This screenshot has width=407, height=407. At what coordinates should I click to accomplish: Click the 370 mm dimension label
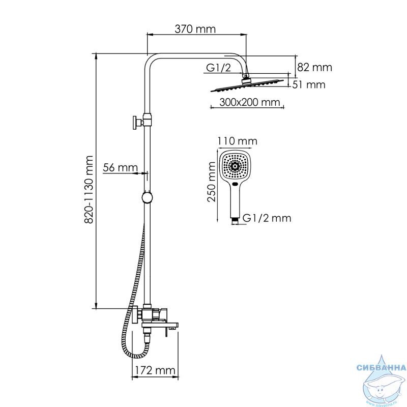click(195, 29)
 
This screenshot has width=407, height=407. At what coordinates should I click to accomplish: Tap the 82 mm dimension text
click(314, 68)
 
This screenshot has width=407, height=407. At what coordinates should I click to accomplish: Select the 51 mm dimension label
click(309, 84)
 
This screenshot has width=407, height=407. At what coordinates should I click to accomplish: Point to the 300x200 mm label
click(250, 102)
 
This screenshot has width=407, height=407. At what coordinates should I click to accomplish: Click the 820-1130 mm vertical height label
click(89, 189)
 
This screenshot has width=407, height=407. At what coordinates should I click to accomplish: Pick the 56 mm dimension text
click(120, 167)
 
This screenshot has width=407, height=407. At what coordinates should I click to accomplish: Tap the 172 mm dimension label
click(155, 370)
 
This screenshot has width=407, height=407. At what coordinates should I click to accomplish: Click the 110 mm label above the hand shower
click(237, 141)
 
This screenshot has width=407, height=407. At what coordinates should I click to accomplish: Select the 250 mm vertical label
click(212, 182)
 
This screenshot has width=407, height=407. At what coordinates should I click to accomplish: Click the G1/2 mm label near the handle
click(267, 218)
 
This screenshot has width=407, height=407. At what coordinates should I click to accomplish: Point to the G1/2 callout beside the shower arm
click(218, 68)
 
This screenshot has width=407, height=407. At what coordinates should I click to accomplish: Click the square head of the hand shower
click(236, 166)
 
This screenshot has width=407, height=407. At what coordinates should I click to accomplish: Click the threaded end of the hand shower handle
click(235, 221)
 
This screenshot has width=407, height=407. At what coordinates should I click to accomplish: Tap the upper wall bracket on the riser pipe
click(142, 122)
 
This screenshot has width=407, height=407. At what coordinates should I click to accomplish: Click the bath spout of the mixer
click(160, 326)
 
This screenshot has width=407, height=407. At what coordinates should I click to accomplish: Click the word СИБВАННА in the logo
click(381, 367)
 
